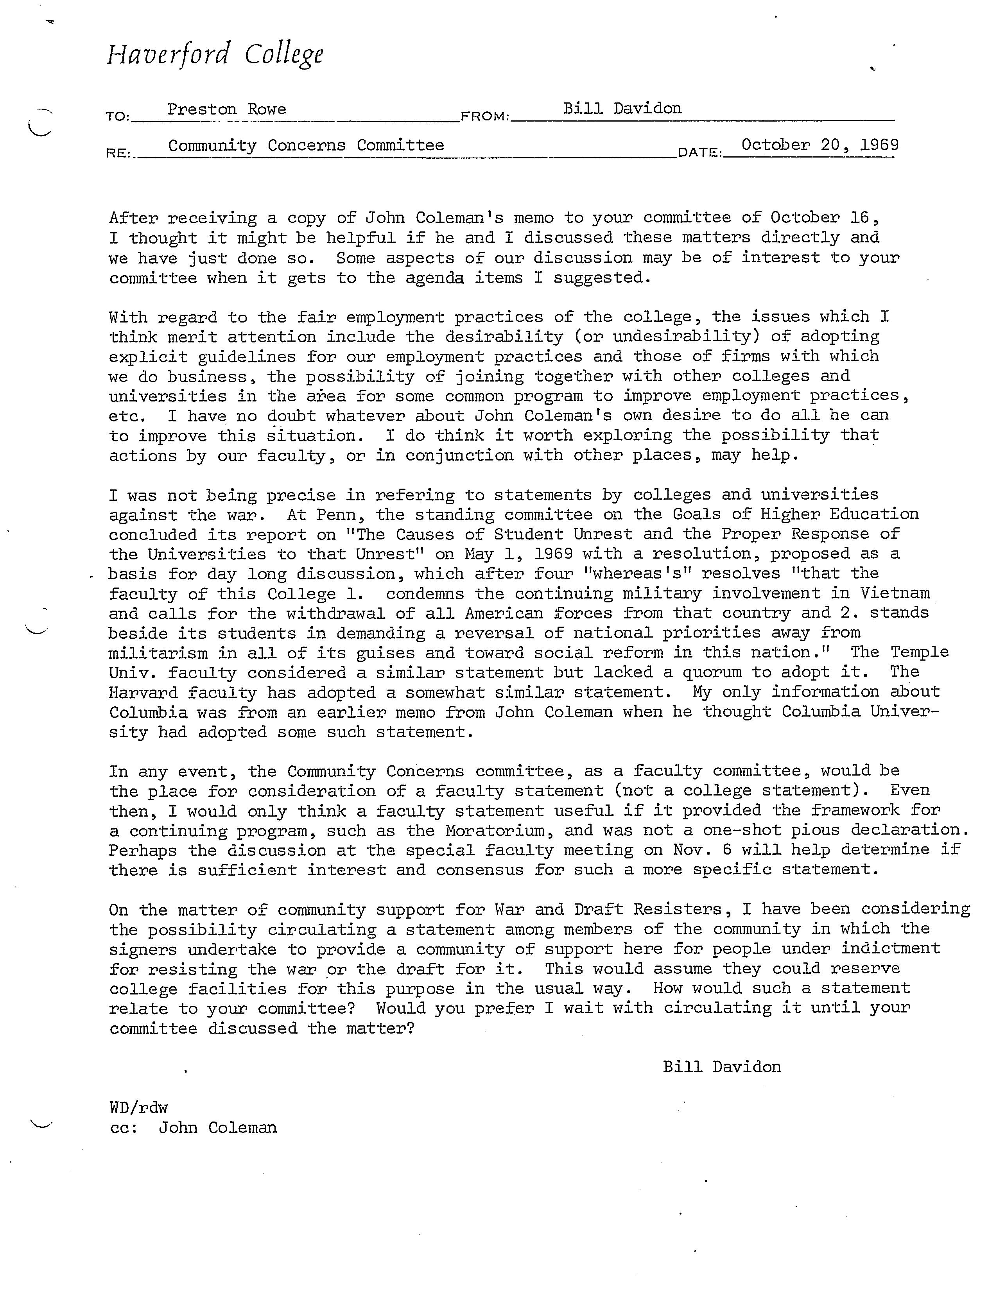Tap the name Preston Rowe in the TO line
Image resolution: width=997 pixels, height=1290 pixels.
click(227, 109)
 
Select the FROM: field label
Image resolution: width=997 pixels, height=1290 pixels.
click(484, 116)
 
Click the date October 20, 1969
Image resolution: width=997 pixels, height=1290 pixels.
click(820, 145)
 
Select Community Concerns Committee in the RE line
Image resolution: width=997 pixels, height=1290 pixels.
click(306, 145)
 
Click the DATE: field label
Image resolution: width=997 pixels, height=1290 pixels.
click(700, 152)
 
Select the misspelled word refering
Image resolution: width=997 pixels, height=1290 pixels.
click(415, 494)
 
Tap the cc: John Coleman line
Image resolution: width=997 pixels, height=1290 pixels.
click(193, 1127)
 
